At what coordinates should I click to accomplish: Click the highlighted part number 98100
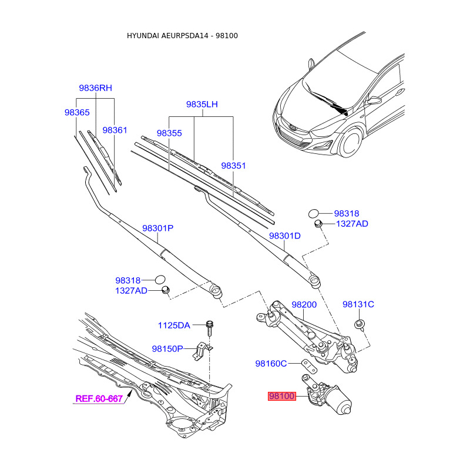point(281,397)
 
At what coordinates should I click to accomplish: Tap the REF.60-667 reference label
point(99,399)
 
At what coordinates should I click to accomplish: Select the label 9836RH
point(95,88)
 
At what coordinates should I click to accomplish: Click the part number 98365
point(77,112)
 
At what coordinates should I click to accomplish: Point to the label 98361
point(115,130)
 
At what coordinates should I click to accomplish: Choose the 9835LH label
point(202,104)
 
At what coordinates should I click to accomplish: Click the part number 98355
point(169,133)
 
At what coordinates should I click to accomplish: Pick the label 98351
point(233,166)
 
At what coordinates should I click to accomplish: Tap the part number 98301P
point(157,228)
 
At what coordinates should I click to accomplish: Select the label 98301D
point(284,236)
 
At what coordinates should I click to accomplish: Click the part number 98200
point(304,305)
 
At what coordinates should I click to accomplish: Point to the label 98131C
point(358,304)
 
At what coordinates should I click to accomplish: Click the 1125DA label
point(174,325)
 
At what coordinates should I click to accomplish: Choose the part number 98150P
point(167,348)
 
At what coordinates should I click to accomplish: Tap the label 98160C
point(270,364)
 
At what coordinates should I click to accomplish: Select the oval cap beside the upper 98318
point(314,213)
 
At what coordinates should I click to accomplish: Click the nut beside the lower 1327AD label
point(166,290)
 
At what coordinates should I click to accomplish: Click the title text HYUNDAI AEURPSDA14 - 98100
point(182,36)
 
